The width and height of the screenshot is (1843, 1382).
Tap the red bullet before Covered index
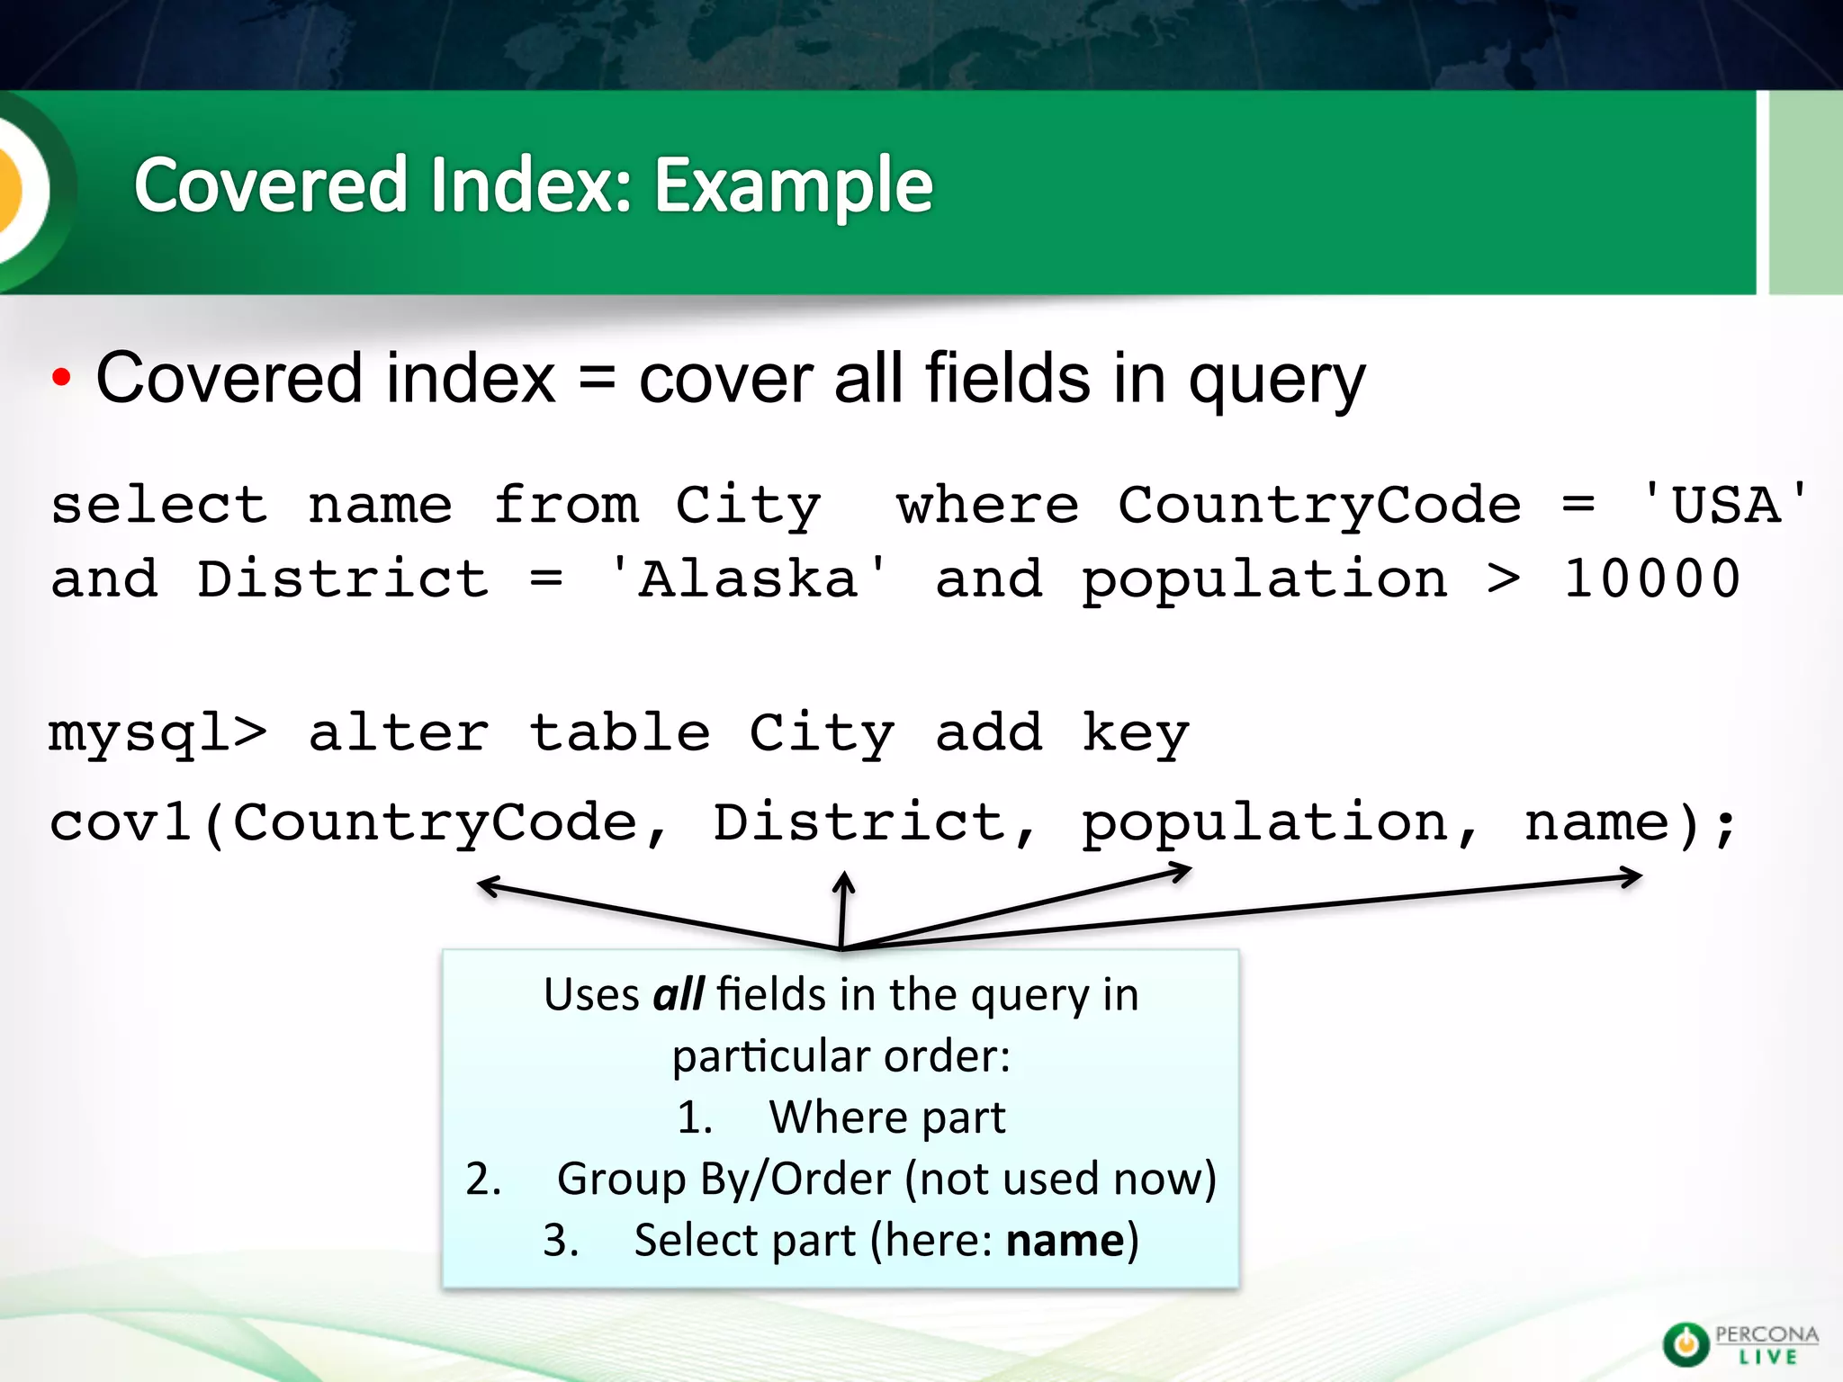(60, 378)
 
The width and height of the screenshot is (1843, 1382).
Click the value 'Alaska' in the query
(748, 579)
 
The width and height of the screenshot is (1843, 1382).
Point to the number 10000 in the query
(1651, 579)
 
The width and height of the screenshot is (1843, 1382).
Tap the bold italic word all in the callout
(678, 995)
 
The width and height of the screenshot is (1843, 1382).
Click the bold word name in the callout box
(1065, 1241)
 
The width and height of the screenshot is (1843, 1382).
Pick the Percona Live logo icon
(1686, 1344)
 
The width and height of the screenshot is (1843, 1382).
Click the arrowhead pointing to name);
(1636, 876)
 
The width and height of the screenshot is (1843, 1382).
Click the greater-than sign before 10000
(1504, 579)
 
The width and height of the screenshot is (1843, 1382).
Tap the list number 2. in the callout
(483, 1180)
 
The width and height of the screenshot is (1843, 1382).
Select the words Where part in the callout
(886, 1118)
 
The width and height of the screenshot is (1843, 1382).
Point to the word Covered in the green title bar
(270, 186)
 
